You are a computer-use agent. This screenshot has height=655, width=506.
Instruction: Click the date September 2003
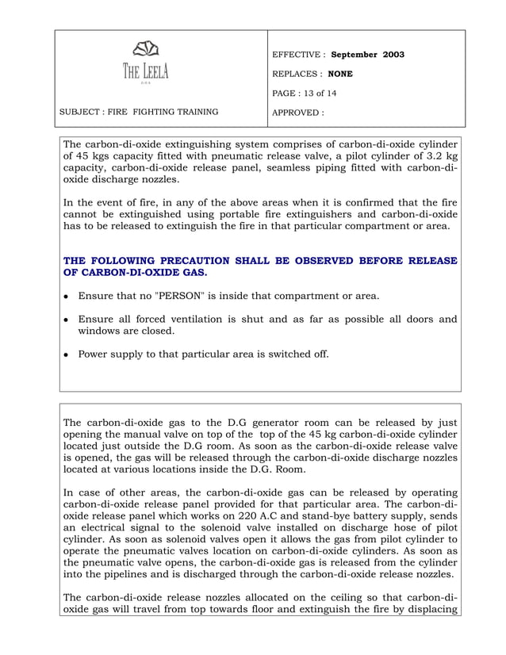367,55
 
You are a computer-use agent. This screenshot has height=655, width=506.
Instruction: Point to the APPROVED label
297,113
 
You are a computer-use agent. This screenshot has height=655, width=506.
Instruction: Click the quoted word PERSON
178,296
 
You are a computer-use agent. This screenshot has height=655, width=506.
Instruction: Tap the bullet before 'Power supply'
66,354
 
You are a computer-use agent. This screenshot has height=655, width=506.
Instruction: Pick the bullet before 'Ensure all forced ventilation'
66,320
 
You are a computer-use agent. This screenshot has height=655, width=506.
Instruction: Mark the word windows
100,331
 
